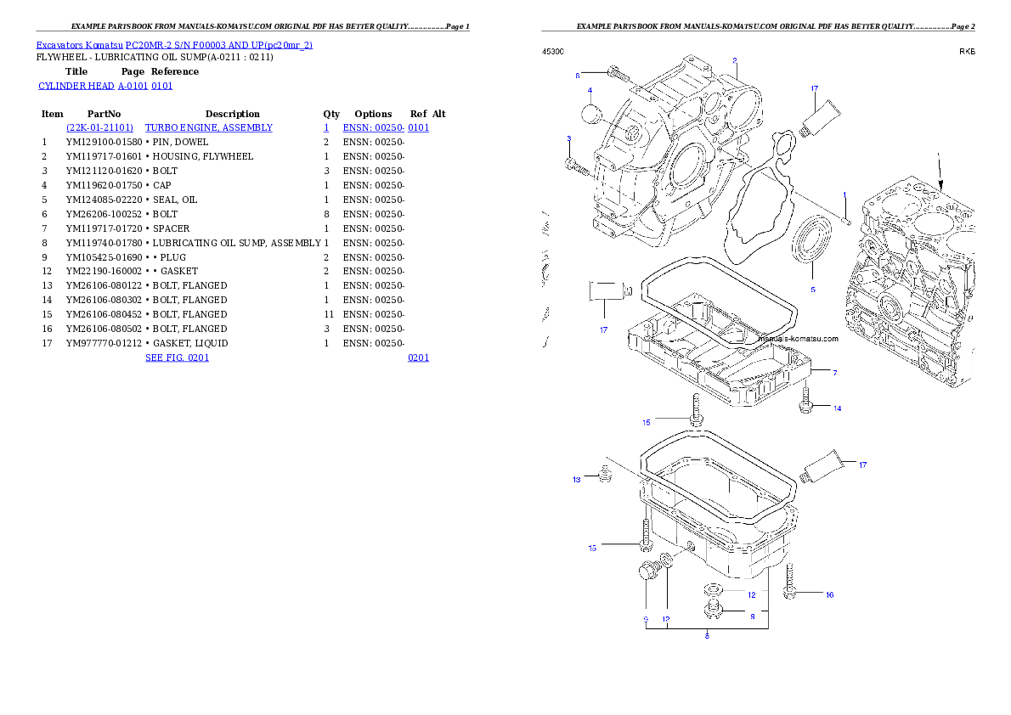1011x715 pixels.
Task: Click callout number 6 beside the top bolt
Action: pyautogui.click(x=577, y=75)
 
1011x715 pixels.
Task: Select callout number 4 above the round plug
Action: pyautogui.click(x=590, y=90)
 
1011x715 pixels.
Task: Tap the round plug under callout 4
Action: pyautogui.click(x=590, y=114)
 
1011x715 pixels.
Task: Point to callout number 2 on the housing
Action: pyautogui.click(x=735, y=60)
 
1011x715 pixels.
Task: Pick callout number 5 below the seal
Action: pyautogui.click(x=812, y=290)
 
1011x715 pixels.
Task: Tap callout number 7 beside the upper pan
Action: pyautogui.click(x=834, y=373)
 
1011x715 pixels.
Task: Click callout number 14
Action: pyautogui.click(x=837, y=408)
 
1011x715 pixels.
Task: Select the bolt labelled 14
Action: pyautogui.click(x=806, y=401)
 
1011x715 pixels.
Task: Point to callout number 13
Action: pyautogui.click(x=577, y=480)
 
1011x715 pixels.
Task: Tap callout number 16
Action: pyautogui.click(x=830, y=594)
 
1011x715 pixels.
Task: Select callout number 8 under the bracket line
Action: pyautogui.click(x=707, y=635)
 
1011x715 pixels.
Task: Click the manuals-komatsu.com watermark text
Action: pyautogui.click(x=797, y=339)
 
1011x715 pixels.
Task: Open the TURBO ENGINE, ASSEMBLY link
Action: pyautogui.click(x=209, y=127)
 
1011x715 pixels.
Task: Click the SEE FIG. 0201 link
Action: pyautogui.click(x=178, y=357)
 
